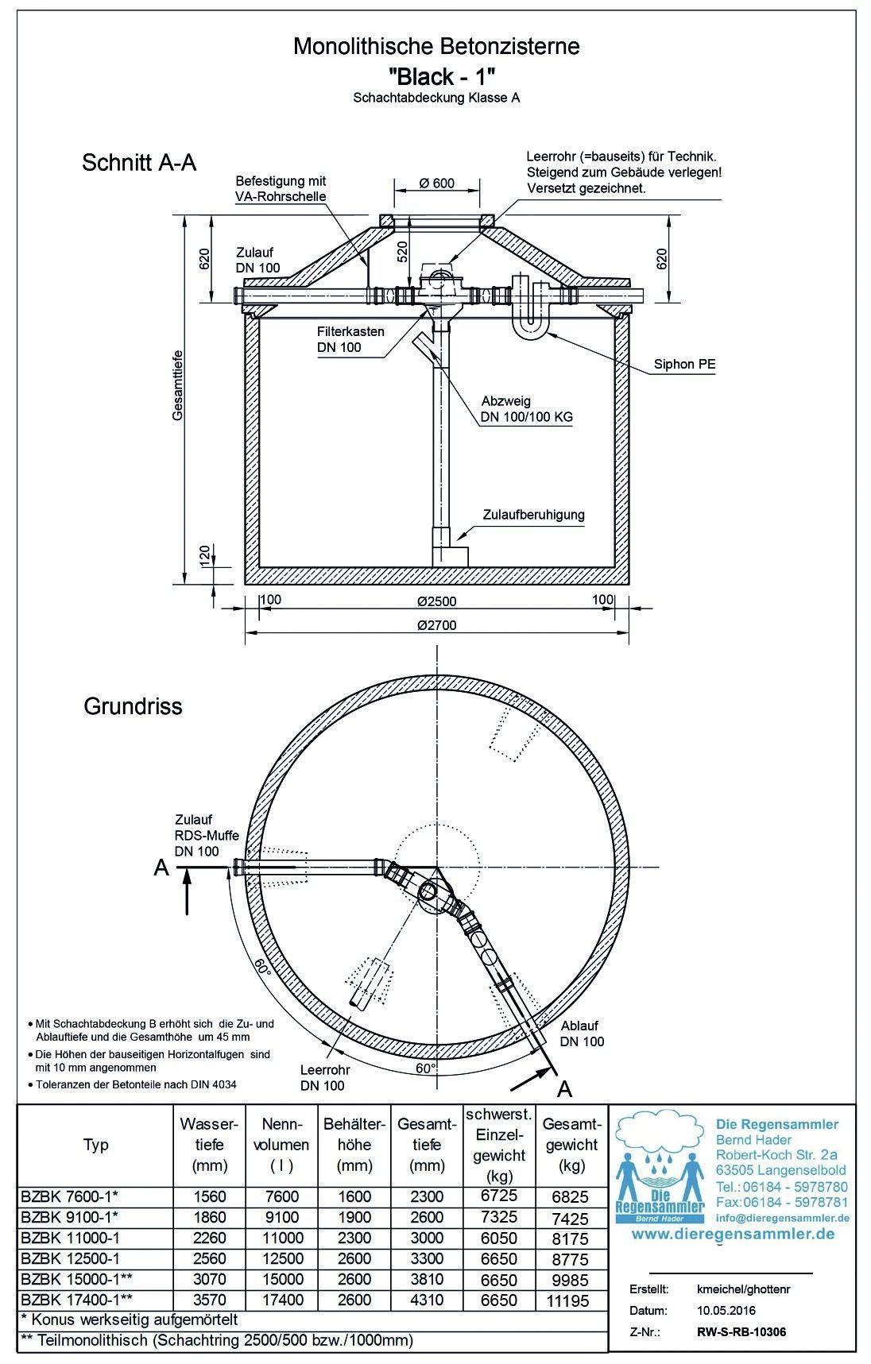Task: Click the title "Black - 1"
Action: coord(443,76)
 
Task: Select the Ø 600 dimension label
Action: coord(436,184)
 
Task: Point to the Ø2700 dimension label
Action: coord(437,625)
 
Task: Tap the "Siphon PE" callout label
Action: coord(685,365)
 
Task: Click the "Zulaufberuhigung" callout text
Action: coord(533,515)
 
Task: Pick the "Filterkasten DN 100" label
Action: coord(350,339)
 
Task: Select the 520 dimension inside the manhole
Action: coord(402,252)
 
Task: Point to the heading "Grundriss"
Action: coord(133,706)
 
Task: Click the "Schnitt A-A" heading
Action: coord(139,163)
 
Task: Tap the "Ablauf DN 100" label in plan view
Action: coord(582,1034)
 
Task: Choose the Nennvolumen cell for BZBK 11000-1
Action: coord(281,1238)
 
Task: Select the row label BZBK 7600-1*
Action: coord(71,1196)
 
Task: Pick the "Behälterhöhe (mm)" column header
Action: coord(354,1145)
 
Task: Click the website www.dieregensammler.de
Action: coord(733,1234)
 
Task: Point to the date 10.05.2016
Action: coord(716,1311)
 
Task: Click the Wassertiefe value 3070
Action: coord(209,1280)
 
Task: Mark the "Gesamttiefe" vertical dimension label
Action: coord(179,385)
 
